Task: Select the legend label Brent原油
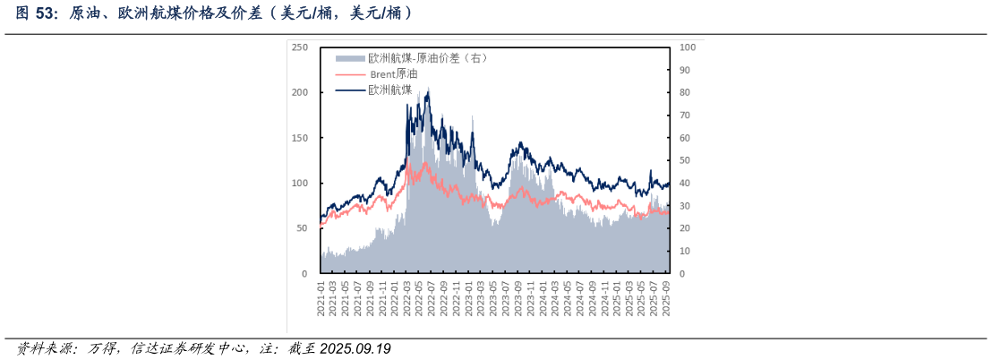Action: (394, 73)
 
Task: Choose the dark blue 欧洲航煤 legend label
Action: (390, 90)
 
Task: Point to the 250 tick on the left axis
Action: (300, 47)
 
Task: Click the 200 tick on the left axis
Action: (300, 92)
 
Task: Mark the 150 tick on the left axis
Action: (300, 138)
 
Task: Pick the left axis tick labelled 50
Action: (303, 228)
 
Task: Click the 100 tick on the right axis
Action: (688, 47)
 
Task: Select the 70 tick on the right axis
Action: (685, 115)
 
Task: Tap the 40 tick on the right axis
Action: (685, 183)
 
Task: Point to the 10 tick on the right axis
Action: (685, 251)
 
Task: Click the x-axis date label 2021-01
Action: (321, 298)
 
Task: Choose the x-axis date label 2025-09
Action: (666, 298)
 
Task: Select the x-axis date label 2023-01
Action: (468, 298)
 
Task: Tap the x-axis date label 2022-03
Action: (406, 298)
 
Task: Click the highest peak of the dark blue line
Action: (428, 89)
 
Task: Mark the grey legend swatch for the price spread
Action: (350, 58)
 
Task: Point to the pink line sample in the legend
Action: (350, 74)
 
